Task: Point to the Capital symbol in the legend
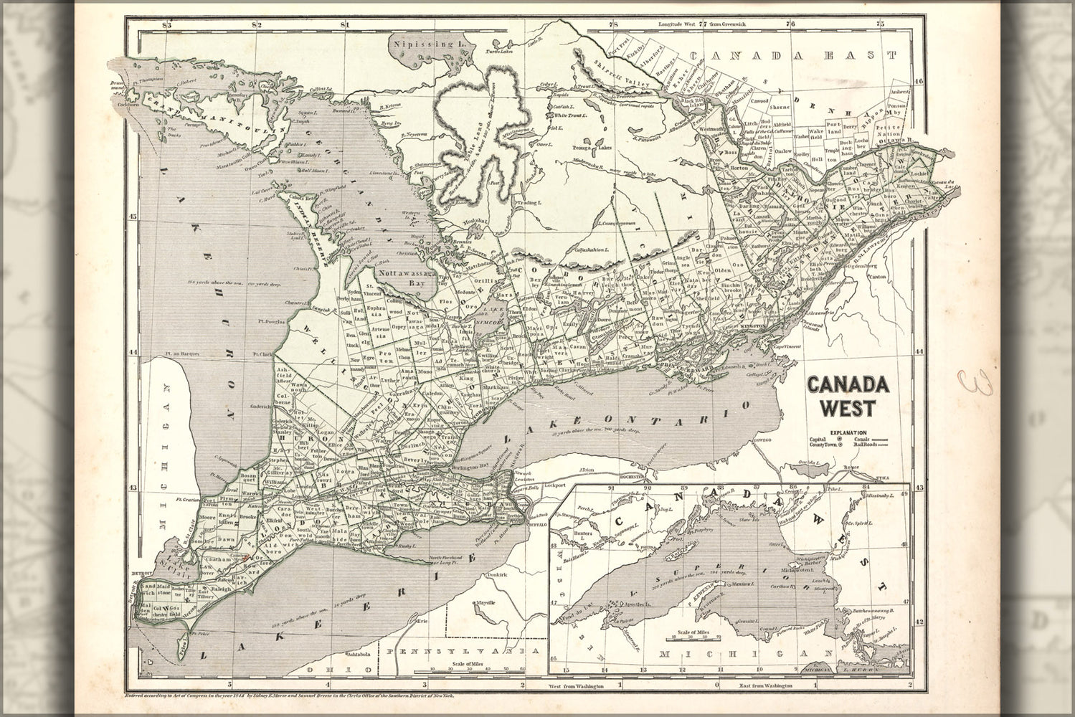(x=840, y=440)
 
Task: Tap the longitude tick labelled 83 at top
(x=169, y=25)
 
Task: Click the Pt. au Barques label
(x=180, y=353)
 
